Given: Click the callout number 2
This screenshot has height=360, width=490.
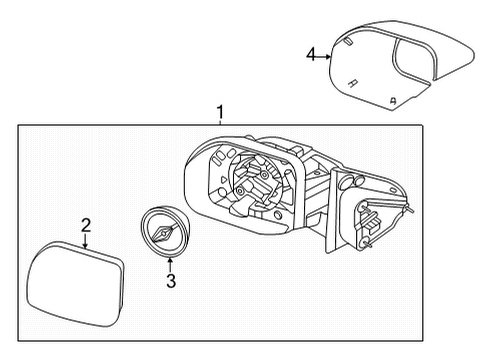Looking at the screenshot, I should (86, 225).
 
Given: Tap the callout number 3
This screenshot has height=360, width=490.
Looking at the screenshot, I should (170, 282).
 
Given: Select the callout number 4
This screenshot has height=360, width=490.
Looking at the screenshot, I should (311, 55).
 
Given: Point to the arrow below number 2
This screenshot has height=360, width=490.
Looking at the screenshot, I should (86, 241).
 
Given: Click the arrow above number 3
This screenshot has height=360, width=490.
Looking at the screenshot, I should (170, 263).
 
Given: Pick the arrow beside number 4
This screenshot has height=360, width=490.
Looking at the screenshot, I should (324, 55).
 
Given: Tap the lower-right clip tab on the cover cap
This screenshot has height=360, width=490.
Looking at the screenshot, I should (392, 100).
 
